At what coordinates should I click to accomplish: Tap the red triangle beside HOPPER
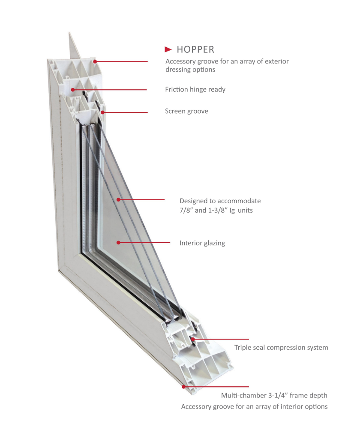169,49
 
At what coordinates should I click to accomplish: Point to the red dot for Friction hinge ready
73,90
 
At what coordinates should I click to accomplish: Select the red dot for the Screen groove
103,112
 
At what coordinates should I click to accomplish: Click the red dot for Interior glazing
118,243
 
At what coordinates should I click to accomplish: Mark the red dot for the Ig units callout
119,200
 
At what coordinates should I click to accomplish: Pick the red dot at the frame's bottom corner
183,387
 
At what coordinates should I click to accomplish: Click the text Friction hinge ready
195,90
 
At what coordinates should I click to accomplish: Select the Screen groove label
186,111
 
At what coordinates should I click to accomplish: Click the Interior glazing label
202,243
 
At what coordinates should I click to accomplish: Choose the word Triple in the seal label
243,347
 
